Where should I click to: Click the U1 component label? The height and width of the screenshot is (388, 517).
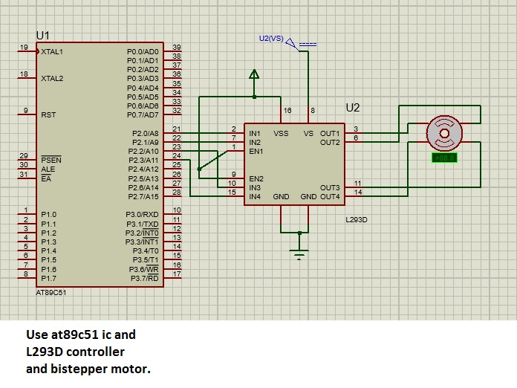42,36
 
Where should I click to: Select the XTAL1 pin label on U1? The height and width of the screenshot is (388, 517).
52,52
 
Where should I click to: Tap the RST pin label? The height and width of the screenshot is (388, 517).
48,115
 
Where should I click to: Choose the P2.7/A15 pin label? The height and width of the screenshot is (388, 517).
143,197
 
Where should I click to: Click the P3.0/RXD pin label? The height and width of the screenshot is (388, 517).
143,215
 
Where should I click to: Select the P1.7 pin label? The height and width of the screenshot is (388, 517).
49,278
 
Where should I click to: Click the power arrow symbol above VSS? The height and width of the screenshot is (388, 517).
254,74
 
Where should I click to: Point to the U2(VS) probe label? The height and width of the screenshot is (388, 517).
270,38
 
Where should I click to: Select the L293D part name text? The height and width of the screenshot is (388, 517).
358,221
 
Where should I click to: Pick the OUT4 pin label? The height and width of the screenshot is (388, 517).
330,197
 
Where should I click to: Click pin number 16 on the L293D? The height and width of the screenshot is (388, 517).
287,111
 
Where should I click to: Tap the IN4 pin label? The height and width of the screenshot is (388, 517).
255,197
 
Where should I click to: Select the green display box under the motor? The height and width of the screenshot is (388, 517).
444,158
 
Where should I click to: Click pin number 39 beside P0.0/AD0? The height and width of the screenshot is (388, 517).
176,48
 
